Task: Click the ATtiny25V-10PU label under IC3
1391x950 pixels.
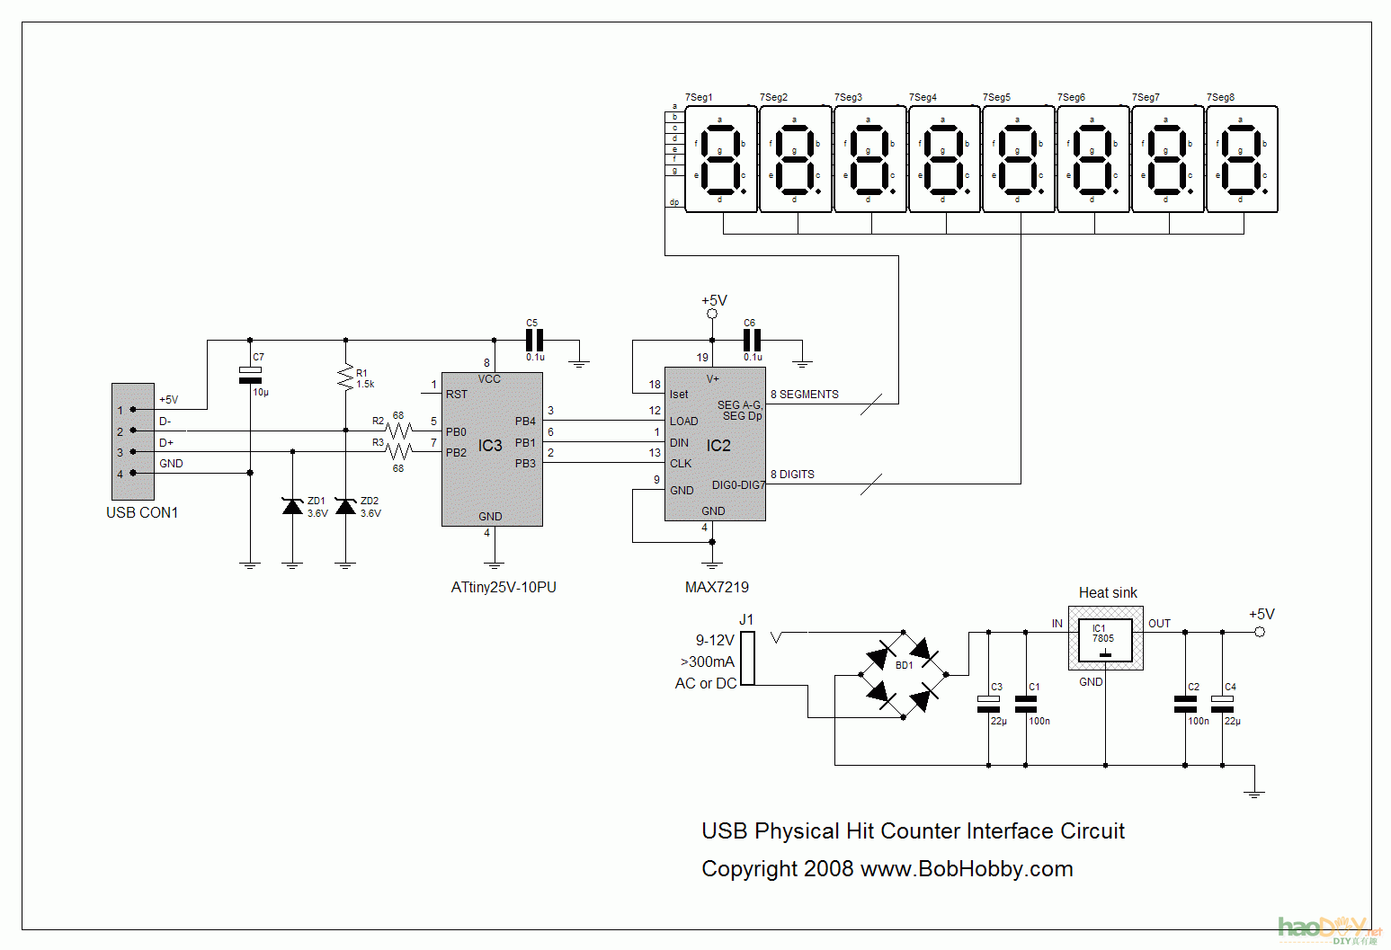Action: point(504,588)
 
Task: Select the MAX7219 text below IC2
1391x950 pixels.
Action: point(717,588)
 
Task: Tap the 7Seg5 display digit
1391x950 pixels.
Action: point(1019,159)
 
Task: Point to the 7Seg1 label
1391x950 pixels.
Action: point(699,97)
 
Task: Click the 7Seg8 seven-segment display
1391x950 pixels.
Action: point(1242,159)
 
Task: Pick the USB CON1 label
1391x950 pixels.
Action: point(142,513)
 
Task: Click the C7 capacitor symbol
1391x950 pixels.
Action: point(250,376)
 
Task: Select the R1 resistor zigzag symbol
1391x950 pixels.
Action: point(345,377)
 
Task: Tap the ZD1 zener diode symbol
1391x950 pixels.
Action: point(292,507)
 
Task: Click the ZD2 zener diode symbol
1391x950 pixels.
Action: point(345,507)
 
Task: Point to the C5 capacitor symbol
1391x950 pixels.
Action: point(534,341)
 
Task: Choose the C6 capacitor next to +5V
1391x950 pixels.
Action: point(752,341)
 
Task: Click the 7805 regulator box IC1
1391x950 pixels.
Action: point(1105,640)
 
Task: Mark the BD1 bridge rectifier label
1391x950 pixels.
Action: point(905,666)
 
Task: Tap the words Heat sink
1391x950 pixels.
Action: point(1108,593)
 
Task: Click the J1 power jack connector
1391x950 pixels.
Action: point(748,658)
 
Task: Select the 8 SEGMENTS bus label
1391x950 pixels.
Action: point(805,395)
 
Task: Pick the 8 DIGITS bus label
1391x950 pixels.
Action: point(792,475)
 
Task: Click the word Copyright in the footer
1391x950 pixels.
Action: point(750,869)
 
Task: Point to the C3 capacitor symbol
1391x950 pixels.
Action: point(989,704)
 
